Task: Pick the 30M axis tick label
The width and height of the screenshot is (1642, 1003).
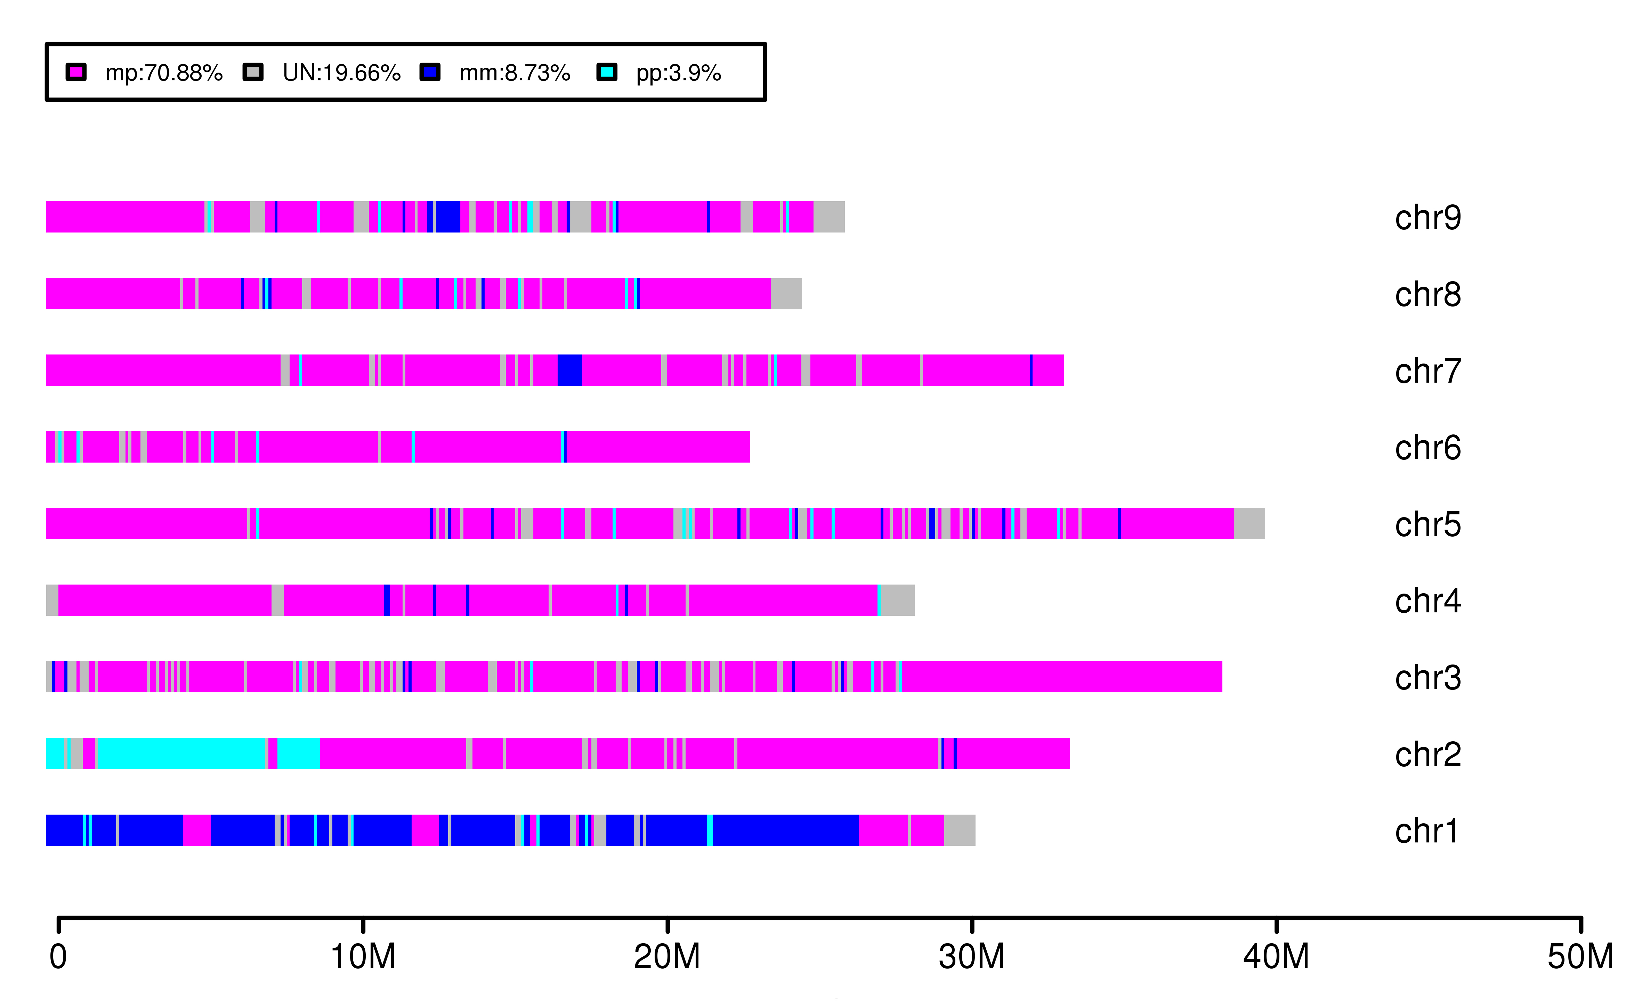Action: pos(972,956)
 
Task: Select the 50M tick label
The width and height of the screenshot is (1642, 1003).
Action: pos(1580,956)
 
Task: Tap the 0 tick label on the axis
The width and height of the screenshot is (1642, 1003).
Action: pos(59,956)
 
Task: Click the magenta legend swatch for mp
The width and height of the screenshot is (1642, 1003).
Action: pos(76,72)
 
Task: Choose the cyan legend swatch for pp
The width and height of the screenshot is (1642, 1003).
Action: pos(606,72)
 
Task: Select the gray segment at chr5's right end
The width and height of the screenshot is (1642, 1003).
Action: pos(1249,523)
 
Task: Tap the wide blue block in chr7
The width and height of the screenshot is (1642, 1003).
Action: pos(570,370)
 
